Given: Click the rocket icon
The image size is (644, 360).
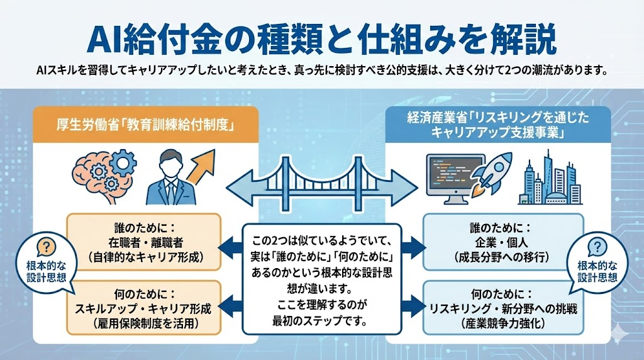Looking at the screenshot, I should [x=492, y=170].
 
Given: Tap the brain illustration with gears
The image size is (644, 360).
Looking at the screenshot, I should [x=101, y=172].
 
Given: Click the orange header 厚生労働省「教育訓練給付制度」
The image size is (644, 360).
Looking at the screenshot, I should [x=145, y=125].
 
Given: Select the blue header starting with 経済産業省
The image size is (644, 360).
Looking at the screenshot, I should [x=498, y=123].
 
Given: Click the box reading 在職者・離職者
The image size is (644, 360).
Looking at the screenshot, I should [x=144, y=242].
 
